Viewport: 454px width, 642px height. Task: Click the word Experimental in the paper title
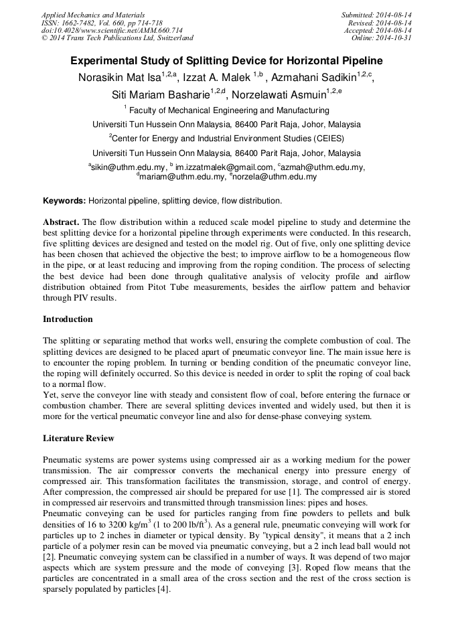(107, 60)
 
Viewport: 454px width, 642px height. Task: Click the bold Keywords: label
(64, 200)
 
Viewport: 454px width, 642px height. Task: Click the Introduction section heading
(68, 319)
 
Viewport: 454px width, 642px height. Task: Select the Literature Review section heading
(78, 438)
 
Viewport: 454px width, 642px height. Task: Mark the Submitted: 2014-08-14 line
(376, 15)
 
